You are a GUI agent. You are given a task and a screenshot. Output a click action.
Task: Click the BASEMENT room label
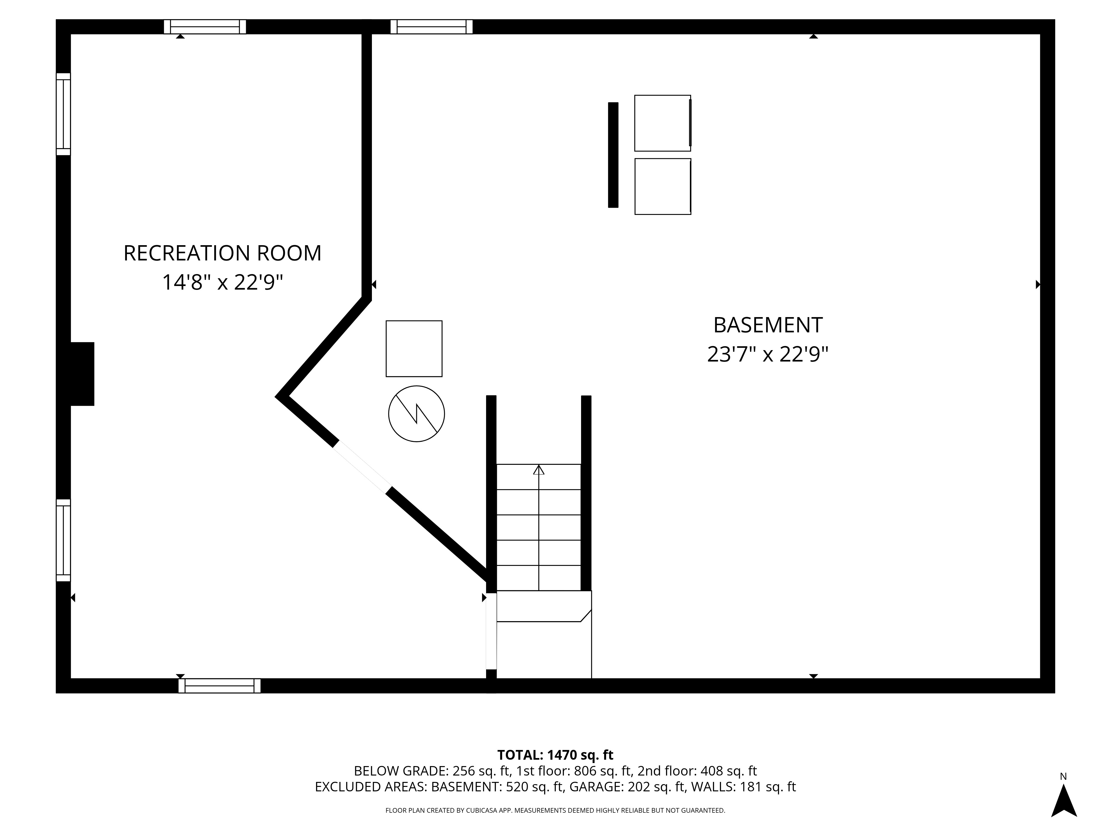767,325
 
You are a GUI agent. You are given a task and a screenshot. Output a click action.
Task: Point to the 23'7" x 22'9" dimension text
767,355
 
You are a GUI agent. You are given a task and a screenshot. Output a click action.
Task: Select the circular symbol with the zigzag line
416,414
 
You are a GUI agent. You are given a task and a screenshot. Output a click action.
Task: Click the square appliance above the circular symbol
414,348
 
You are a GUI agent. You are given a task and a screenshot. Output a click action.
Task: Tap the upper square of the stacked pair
662,123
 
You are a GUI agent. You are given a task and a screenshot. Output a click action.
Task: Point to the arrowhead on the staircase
539,470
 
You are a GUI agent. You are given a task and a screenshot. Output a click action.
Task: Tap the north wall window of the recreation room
205,27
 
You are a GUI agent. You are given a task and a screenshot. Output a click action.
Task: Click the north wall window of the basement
431,27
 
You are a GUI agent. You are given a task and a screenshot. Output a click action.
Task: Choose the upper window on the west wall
63,114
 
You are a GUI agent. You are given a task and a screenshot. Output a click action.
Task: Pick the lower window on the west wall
63,540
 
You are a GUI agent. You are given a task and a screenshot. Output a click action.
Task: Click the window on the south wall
219,686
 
